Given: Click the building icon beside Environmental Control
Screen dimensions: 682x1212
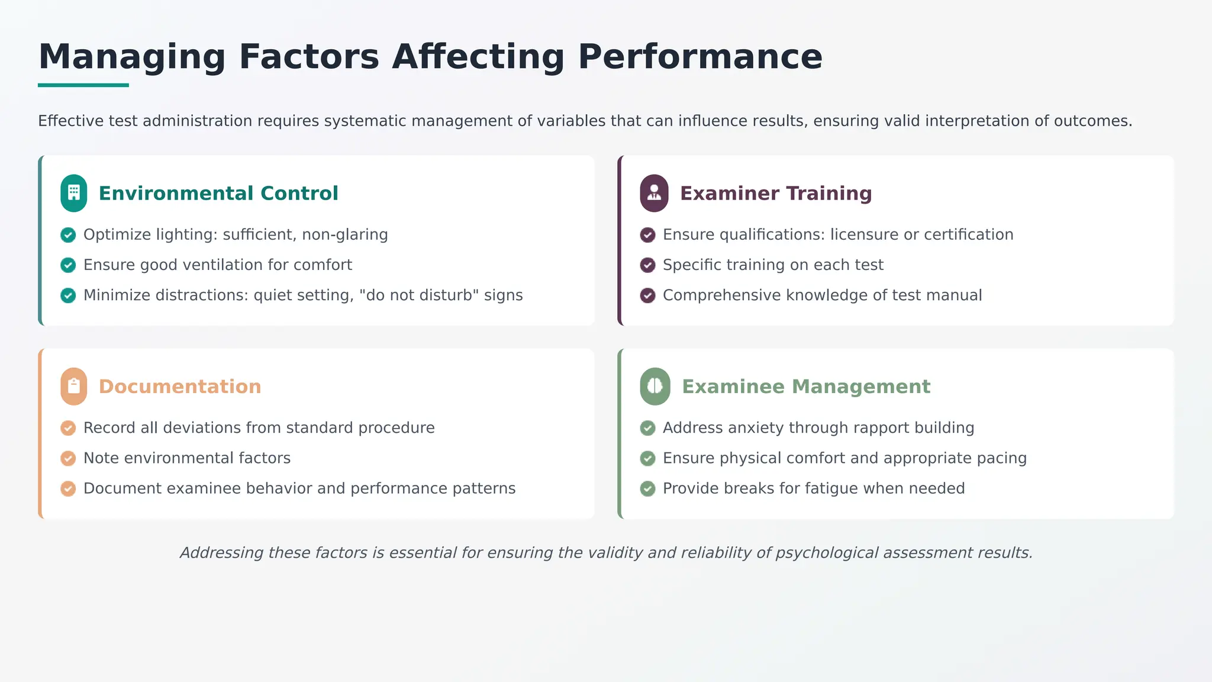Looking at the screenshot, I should click(x=74, y=193).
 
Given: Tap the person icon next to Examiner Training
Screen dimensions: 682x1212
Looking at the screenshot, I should click(x=654, y=193).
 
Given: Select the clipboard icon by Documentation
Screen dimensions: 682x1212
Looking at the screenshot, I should click(x=74, y=387).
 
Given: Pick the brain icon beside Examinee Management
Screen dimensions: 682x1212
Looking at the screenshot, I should click(x=655, y=387).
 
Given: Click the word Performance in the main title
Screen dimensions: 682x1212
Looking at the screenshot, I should click(x=700, y=57).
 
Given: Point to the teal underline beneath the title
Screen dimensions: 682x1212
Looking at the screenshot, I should click(x=83, y=85).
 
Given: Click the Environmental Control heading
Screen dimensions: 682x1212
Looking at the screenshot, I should click(x=218, y=193).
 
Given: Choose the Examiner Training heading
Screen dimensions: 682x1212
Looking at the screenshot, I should click(x=776, y=193).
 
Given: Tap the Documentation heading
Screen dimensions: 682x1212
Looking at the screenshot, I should click(x=180, y=387).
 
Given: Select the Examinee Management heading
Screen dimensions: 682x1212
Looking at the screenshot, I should click(x=806, y=387).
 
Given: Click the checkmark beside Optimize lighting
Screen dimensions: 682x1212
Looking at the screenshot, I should click(x=68, y=235).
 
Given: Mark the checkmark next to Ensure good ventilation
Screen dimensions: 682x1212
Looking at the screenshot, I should click(x=68, y=265).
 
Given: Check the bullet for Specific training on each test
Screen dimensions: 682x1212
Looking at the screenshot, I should click(x=648, y=265).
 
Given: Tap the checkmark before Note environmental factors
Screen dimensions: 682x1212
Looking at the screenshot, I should click(x=68, y=458).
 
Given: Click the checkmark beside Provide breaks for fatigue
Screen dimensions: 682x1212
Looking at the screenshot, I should click(x=648, y=488).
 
